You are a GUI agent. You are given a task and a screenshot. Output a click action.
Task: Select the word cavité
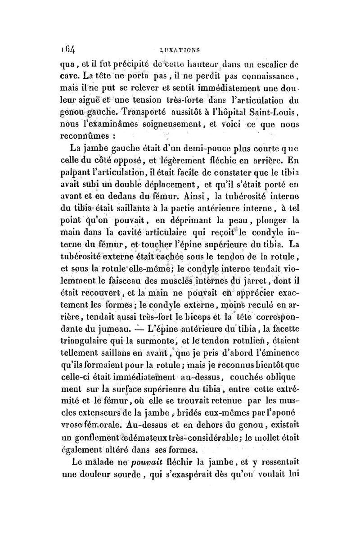click(130, 233)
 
